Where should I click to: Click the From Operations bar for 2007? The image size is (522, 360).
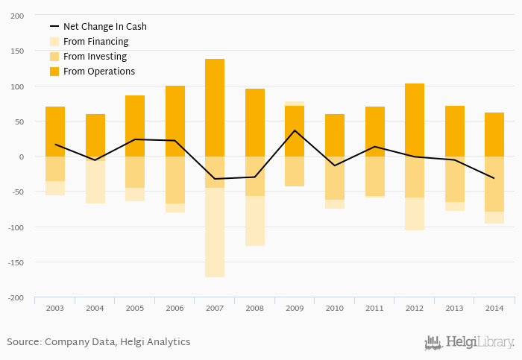click(215, 107)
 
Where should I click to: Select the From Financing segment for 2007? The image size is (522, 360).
click(215, 232)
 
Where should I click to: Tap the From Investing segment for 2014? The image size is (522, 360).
click(494, 184)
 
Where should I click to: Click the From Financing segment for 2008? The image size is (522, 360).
click(255, 221)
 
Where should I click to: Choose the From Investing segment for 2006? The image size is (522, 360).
click(175, 180)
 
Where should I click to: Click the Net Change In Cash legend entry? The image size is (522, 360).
click(104, 27)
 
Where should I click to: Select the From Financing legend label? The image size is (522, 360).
click(95, 42)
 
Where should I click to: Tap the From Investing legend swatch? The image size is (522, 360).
click(54, 57)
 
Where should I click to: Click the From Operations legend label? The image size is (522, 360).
click(99, 72)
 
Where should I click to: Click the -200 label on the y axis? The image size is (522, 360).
click(15, 297)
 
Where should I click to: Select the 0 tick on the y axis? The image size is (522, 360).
click(21, 157)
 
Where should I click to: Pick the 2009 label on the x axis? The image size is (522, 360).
click(295, 308)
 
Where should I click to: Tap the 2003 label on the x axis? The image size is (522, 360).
click(55, 308)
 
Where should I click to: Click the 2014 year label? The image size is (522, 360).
click(494, 308)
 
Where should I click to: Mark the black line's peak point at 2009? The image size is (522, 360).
click(295, 130)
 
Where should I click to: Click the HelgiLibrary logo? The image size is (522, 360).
click(469, 343)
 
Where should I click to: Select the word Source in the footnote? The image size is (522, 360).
click(22, 342)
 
